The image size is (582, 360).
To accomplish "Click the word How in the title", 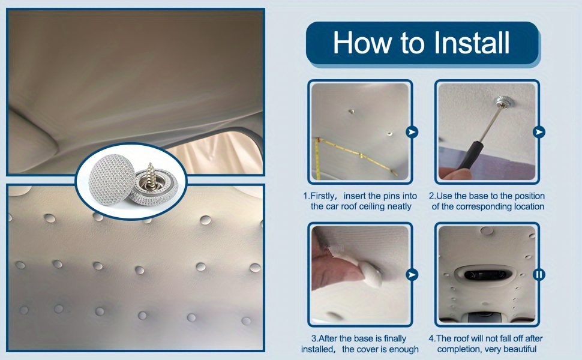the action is click(362, 43).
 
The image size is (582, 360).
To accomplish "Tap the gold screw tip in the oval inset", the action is click(151, 165).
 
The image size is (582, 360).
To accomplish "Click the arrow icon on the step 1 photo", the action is click(412, 132).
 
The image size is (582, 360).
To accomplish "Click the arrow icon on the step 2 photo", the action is click(539, 132).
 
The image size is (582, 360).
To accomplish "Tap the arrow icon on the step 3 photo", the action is click(412, 275).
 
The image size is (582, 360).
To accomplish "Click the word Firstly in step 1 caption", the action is click(323, 196).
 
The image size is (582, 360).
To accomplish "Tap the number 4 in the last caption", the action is click(431, 338).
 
